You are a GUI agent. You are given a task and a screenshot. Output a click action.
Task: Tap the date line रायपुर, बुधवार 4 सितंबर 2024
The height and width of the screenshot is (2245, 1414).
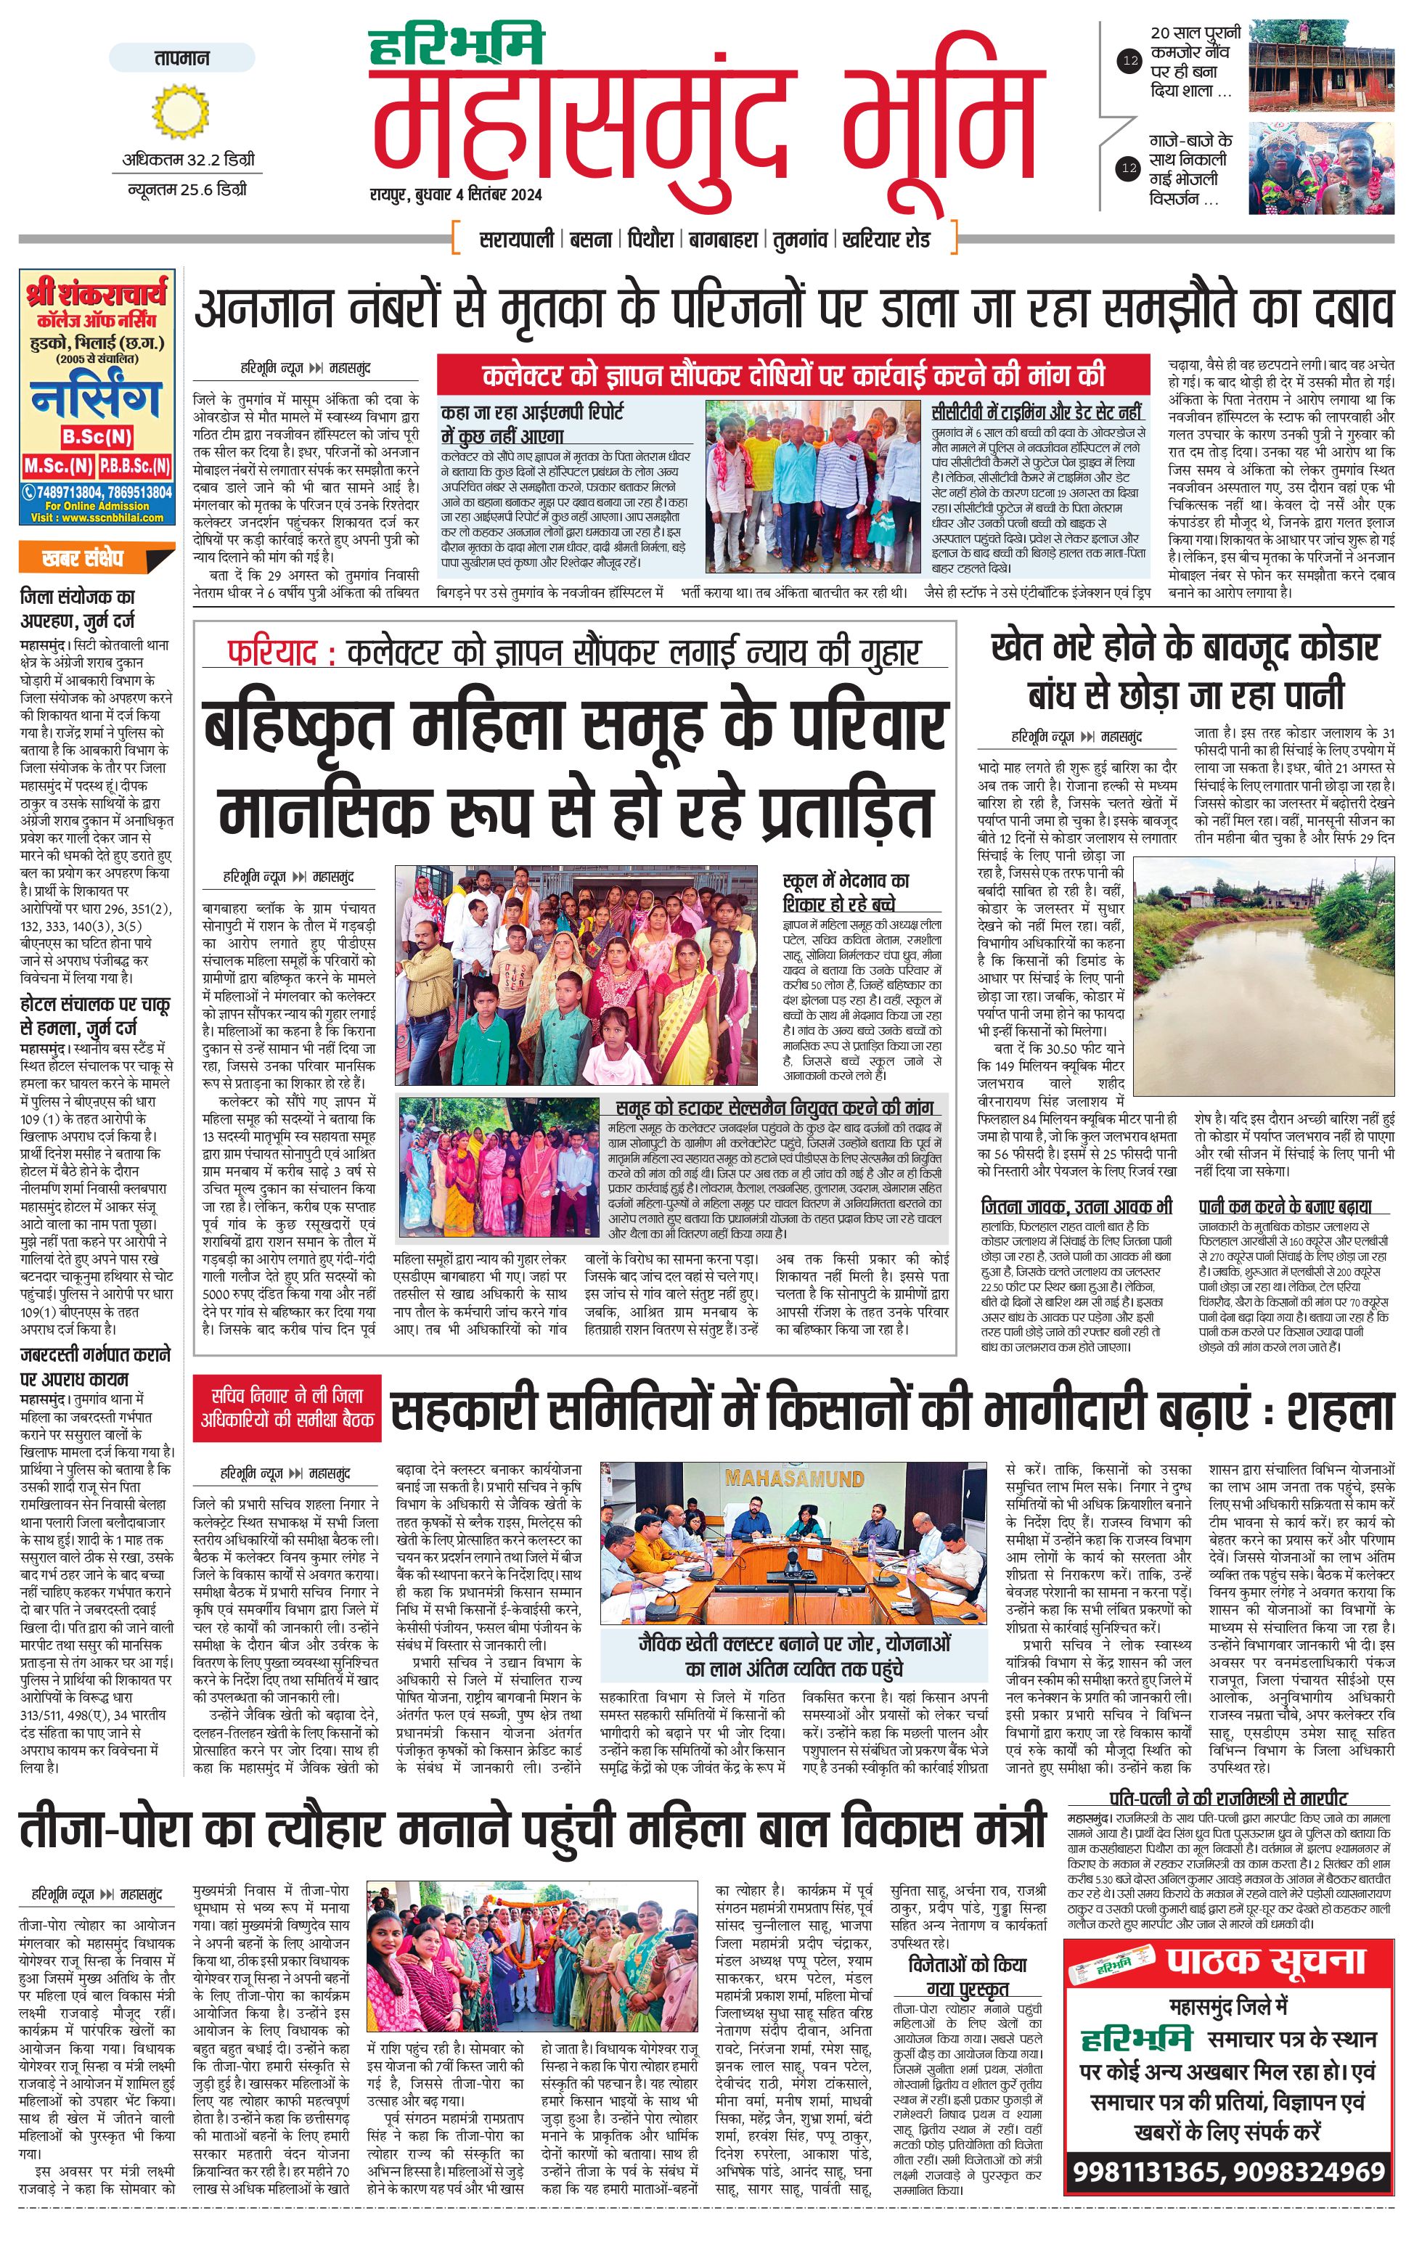[456, 195]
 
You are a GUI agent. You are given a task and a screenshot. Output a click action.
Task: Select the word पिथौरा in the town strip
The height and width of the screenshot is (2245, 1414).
[649, 240]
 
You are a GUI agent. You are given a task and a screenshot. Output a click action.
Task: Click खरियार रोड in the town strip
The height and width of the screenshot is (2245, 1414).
[886, 240]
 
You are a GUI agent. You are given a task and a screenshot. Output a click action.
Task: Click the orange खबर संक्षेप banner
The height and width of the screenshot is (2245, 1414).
[95, 558]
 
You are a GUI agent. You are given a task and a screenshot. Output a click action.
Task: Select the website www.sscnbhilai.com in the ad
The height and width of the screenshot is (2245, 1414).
[97, 518]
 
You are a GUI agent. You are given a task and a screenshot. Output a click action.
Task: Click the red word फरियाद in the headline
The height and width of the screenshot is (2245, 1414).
[281, 653]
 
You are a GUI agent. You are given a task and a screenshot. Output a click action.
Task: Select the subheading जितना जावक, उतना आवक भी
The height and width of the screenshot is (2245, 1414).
[1076, 1206]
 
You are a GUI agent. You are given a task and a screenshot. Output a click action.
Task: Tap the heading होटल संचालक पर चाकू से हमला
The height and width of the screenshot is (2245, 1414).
[95, 1016]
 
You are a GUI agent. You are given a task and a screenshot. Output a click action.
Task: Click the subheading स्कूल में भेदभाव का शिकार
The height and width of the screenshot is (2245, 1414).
[846, 891]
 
